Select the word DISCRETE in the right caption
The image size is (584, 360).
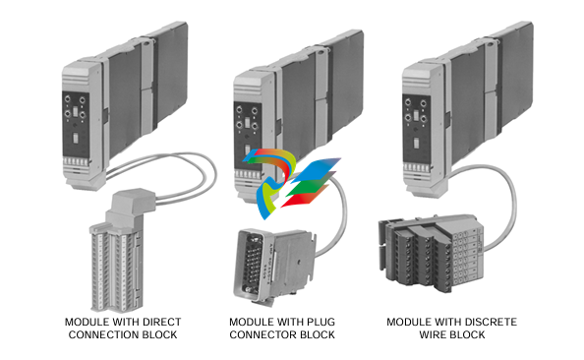click(x=490, y=323)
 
